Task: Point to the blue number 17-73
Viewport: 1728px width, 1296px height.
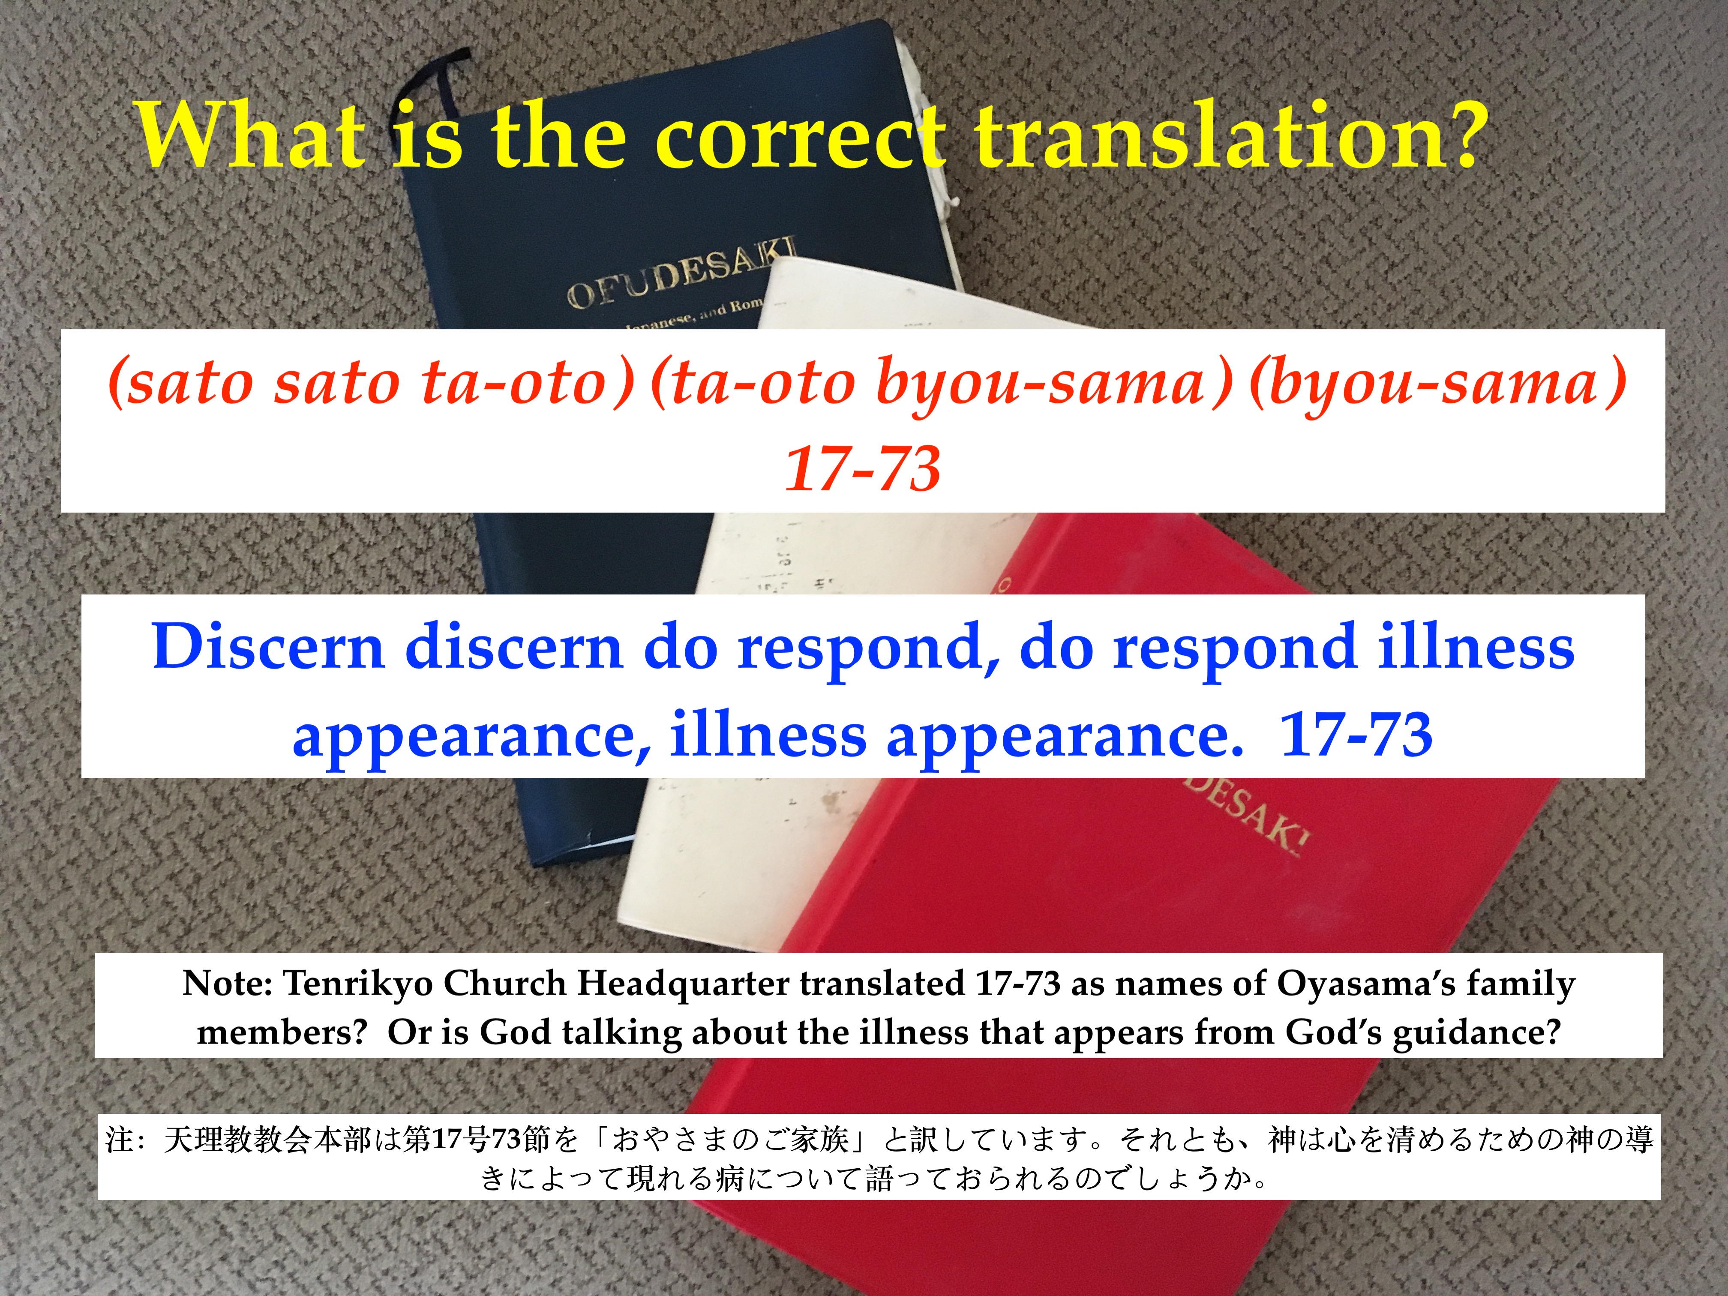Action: (x=1356, y=734)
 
